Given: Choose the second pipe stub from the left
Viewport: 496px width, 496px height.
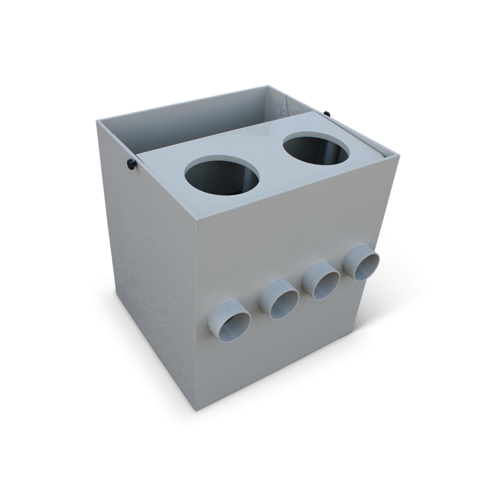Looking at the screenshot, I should (279, 298).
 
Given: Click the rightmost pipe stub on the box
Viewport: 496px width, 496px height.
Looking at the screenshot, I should (362, 261).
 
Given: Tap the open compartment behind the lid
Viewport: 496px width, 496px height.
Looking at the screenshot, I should (205, 120).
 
